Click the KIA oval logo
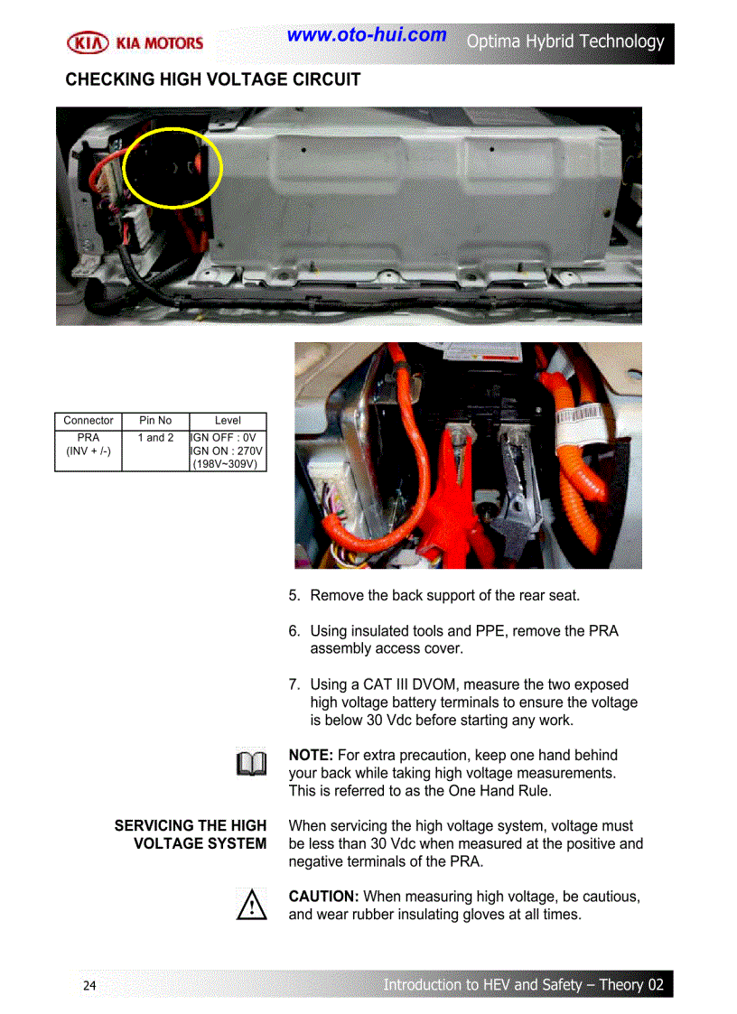(89, 42)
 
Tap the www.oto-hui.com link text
(366, 35)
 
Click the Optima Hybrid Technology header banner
(564, 42)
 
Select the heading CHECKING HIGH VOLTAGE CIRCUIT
(212, 79)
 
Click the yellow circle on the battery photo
(173, 166)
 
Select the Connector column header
(89, 421)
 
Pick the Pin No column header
(155, 421)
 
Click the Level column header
(228, 421)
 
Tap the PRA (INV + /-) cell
(89, 444)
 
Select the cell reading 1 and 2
(155, 438)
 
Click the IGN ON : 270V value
(228, 451)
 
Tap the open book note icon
(252, 764)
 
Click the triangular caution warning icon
(252, 905)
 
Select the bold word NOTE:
(311, 755)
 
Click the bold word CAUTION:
(323, 897)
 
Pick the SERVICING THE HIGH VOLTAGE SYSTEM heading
(191, 834)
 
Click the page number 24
(89, 985)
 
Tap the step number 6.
(294, 631)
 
